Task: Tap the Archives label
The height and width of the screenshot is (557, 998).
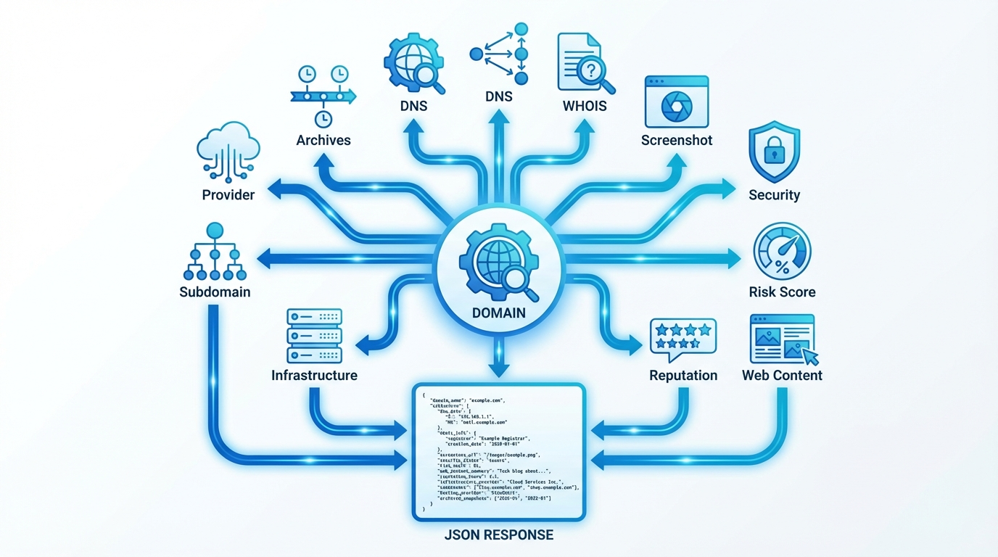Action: coord(323,140)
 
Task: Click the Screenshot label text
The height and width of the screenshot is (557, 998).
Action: coord(677,140)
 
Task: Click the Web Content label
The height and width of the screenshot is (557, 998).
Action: coord(782,375)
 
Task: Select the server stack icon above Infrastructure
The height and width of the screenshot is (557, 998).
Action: coord(315,336)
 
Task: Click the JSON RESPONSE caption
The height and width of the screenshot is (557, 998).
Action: coord(498,535)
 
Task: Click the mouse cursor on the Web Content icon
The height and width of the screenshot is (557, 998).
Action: coord(810,355)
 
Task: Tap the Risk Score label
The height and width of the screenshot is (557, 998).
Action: coord(782,292)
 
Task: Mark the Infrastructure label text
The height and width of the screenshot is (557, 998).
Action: coord(314,375)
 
